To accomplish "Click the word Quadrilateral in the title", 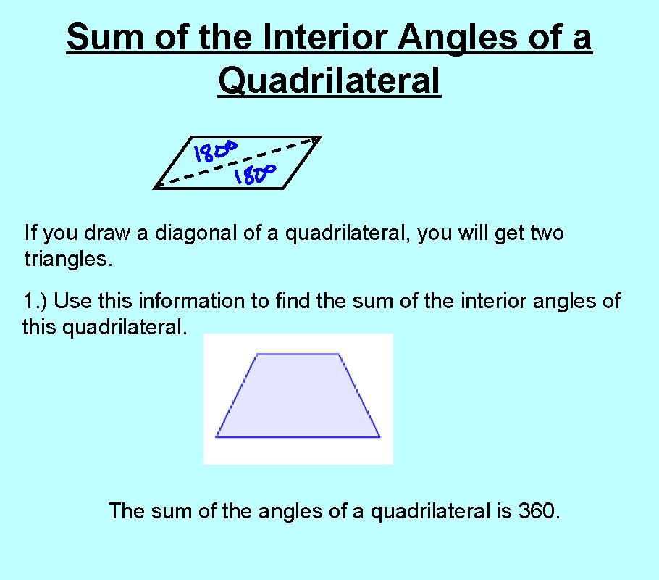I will point(329,80).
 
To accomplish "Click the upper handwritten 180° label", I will point(215,152).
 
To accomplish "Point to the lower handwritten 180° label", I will point(253,175).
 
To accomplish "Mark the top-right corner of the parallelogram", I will point(319,137).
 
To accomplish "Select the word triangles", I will point(69,259).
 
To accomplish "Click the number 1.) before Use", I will point(35,300).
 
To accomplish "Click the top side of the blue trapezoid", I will point(298,355).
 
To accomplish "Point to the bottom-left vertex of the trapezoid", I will point(217,436).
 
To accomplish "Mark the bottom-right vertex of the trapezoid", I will point(379,436).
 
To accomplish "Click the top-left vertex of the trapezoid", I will point(258,355).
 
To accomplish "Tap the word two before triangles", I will point(545,233).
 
